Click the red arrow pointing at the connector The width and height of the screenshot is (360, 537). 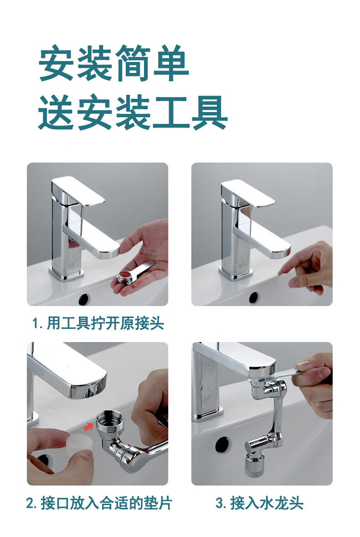coord(88,427)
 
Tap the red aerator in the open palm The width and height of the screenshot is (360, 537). coord(124,276)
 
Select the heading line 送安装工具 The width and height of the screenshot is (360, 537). coord(133,113)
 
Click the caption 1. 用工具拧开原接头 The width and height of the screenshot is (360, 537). coord(98,323)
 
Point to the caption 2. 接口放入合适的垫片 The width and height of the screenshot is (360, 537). coord(98,503)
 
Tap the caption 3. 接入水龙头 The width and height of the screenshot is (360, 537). coord(259,503)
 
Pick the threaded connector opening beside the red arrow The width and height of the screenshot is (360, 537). coord(110,419)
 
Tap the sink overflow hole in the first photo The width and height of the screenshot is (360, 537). coord(85,299)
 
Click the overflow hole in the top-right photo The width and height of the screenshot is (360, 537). coord(254,297)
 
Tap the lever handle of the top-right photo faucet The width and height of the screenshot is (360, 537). coord(247,193)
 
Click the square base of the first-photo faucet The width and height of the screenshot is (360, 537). coord(67,272)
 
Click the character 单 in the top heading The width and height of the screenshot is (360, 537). coord(171,63)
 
